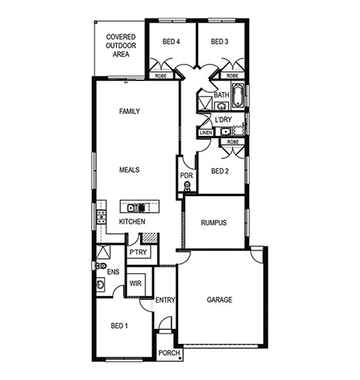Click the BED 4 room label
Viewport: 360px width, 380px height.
click(171, 41)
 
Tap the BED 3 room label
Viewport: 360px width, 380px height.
click(220, 41)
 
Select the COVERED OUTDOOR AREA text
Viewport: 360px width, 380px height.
click(121, 46)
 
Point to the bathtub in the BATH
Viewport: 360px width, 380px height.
click(237, 95)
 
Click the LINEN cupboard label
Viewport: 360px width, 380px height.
click(206, 133)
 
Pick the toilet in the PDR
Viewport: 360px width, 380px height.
click(187, 186)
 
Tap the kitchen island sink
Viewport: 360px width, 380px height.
click(133, 207)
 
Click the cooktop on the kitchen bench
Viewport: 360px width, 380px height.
click(101, 217)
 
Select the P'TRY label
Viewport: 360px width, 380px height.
click(138, 252)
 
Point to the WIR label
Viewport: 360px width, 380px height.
click(135, 284)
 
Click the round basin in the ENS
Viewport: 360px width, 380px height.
click(100, 285)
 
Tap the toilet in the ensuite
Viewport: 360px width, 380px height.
click(101, 266)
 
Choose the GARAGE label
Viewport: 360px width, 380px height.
click(219, 300)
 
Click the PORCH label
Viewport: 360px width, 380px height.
click(169, 353)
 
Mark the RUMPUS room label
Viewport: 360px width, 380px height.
click(214, 222)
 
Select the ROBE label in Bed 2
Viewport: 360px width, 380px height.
click(232, 142)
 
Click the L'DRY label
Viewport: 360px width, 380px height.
click(223, 119)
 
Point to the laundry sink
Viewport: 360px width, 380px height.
click(226, 131)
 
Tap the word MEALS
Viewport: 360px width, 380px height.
click(129, 170)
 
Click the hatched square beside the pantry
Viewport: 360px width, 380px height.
click(150, 238)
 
